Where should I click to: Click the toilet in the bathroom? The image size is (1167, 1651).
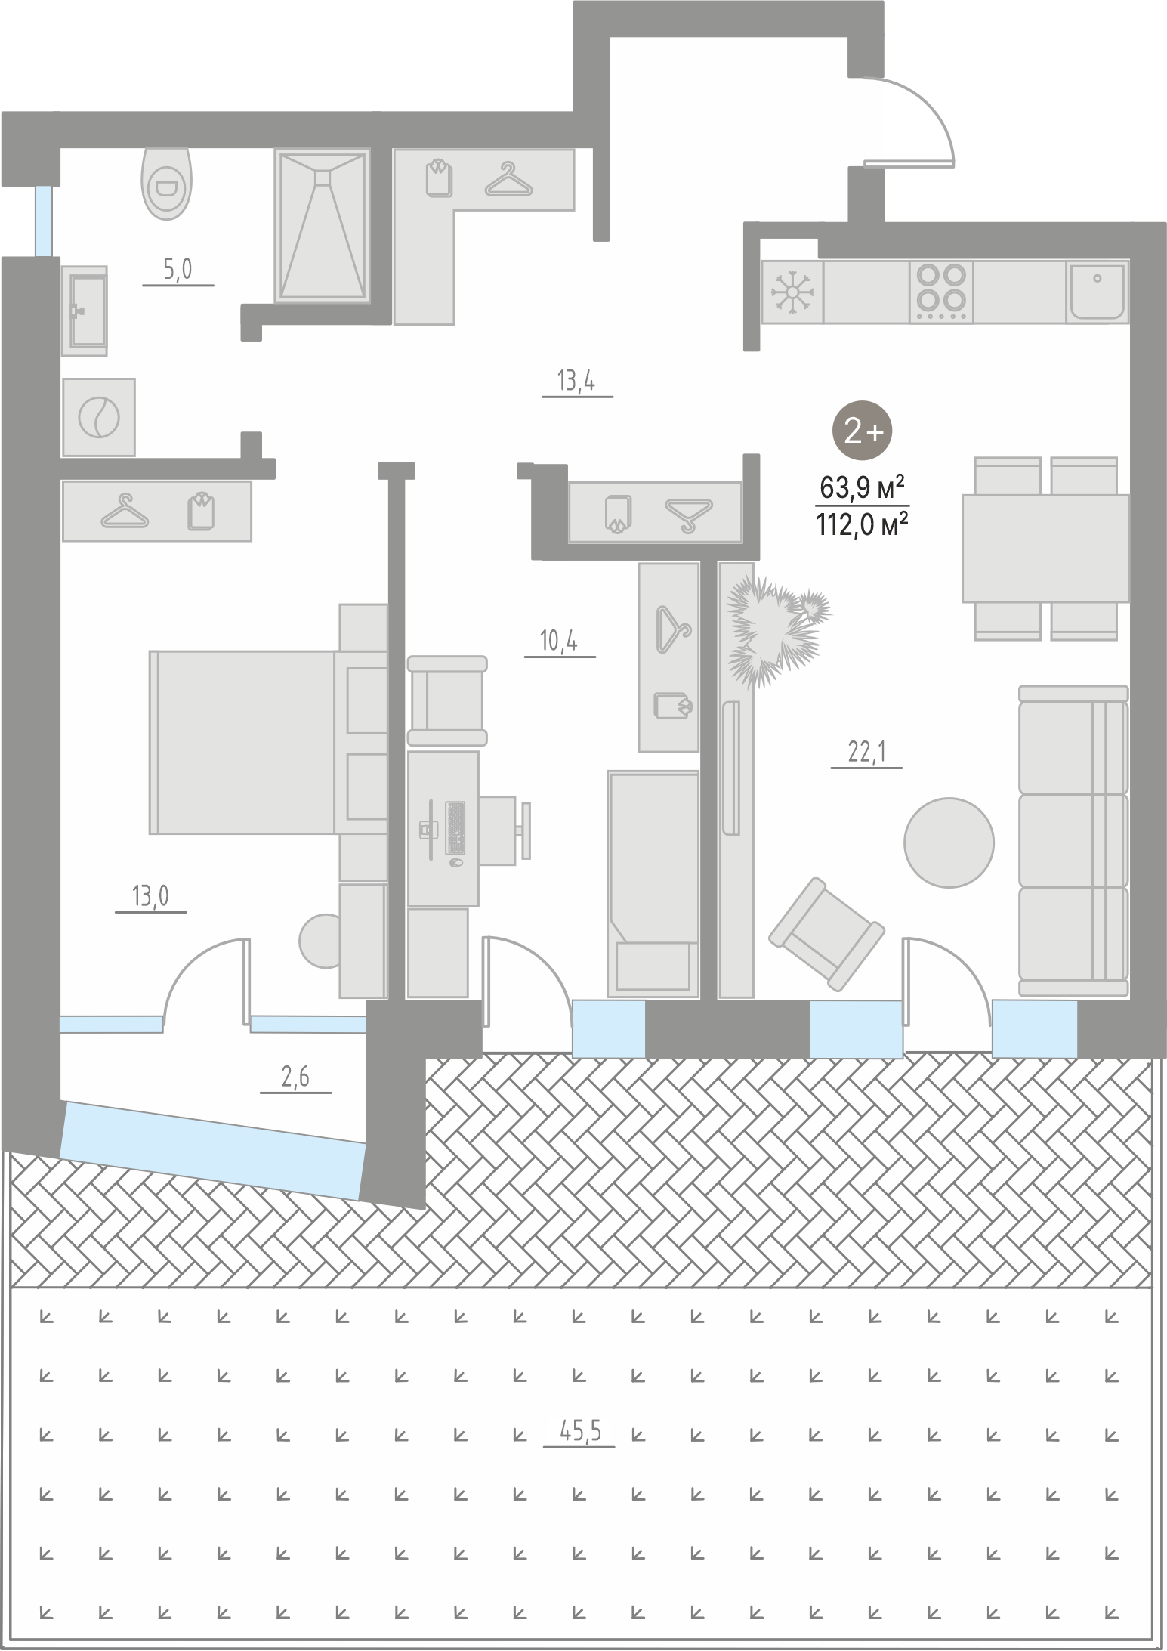click(x=166, y=183)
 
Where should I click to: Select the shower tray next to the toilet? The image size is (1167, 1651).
click(x=323, y=225)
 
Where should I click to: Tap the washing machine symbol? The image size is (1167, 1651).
click(x=99, y=417)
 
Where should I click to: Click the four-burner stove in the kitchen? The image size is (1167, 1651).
click(x=941, y=291)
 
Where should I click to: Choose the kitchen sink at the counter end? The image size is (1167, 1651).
click(x=1097, y=291)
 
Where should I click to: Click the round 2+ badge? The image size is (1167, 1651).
click(x=862, y=431)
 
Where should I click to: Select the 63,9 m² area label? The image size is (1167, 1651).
click(x=862, y=488)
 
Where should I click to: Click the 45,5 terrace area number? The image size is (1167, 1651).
click(x=579, y=1430)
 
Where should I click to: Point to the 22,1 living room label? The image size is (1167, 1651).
click(x=866, y=752)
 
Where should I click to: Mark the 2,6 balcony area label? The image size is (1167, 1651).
click(x=295, y=1077)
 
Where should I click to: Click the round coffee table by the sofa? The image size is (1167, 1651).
click(x=949, y=843)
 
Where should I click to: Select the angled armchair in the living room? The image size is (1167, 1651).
click(x=826, y=934)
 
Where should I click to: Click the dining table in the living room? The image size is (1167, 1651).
click(x=1045, y=549)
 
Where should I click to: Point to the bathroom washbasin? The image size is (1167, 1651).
click(x=85, y=311)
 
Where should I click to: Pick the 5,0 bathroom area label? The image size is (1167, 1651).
click(x=178, y=269)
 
